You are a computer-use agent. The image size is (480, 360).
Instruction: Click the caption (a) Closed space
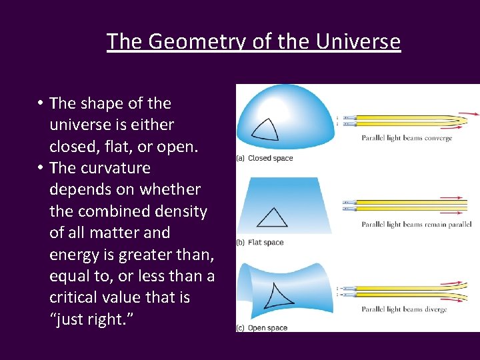pos(265,158)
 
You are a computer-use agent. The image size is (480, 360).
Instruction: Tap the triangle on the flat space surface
pos(272,217)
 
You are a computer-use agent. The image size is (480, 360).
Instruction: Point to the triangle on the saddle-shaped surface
pos(278,295)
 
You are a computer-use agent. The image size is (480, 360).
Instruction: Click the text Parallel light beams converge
pos(407,139)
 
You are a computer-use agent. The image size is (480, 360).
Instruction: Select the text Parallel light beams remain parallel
pos(417,225)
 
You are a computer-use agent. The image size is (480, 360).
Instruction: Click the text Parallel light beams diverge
pos(404,309)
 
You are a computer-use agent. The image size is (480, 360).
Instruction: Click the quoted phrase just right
pos(91,319)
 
